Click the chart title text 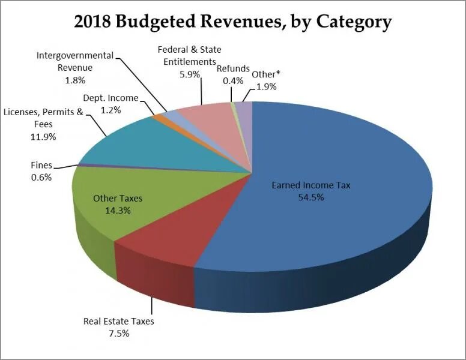(233, 22)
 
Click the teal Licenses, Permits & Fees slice (162, 144)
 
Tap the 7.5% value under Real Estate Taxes (118, 333)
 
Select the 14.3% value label (118, 211)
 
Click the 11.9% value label (43, 136)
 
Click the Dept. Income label (110, 98)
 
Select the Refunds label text (233, 68)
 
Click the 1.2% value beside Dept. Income (110, 110)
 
